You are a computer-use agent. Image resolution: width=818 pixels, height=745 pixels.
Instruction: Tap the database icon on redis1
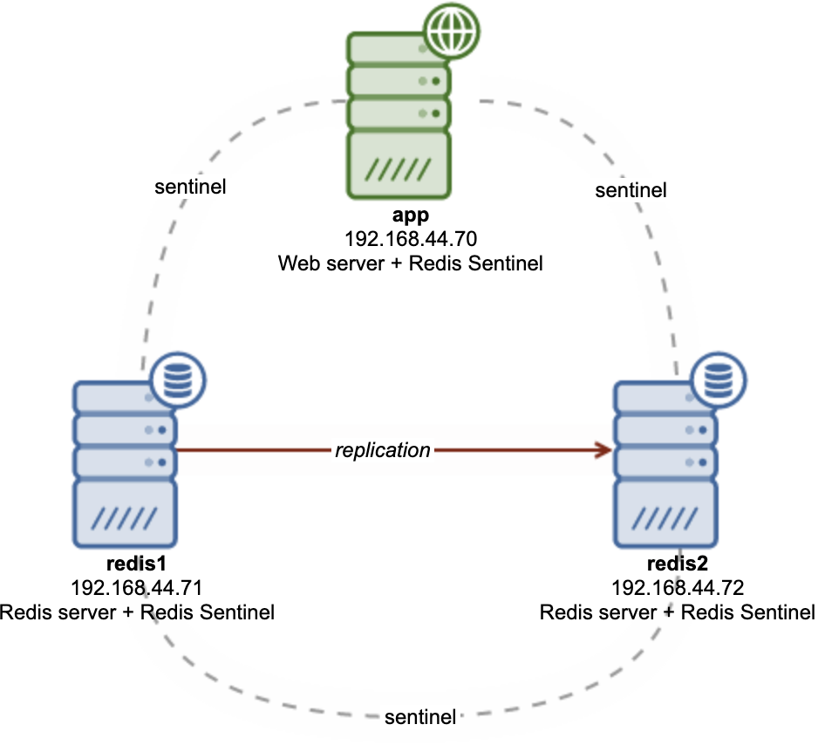pos(178,379)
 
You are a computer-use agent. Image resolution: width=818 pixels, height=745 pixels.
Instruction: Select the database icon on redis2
pos(719,380)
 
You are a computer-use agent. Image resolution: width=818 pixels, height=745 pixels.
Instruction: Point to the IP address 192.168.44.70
pos(410,238)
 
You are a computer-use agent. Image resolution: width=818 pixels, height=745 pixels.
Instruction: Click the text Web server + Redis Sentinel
pos(410,263)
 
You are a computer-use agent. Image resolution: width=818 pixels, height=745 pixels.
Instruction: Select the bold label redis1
pos(137,564)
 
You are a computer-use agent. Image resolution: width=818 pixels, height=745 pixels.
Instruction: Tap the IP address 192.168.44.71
pos(137,588)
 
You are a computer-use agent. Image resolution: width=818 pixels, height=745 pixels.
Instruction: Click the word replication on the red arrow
pos(383,450)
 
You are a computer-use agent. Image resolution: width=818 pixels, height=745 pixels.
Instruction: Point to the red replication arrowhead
pos(602,450)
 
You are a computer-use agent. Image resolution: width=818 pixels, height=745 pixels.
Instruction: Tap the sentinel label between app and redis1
pos(190,187)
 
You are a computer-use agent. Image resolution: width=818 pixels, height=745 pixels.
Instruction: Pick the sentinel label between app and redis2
pos(631,189)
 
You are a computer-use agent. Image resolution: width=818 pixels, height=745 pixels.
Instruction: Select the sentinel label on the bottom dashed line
pos(420,718)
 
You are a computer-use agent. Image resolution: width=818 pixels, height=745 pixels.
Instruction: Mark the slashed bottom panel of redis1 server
pos(126,516)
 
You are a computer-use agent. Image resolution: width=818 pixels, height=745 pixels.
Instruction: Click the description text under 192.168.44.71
pos(137,612)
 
